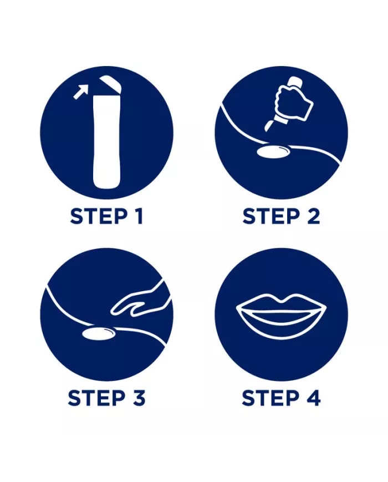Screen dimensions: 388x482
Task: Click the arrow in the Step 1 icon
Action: [x=81, y=92]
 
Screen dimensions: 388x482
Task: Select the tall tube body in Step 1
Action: [x=106, y=141]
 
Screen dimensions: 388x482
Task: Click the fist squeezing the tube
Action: [x=294, y=101]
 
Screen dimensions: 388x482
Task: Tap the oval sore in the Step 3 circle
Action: [x=99, y=333]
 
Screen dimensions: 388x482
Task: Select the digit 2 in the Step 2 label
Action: [x=313, y=216]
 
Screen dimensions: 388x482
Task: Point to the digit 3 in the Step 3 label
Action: [x=137, y=398]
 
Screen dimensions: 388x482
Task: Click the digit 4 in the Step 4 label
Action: [x=313, y=398]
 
